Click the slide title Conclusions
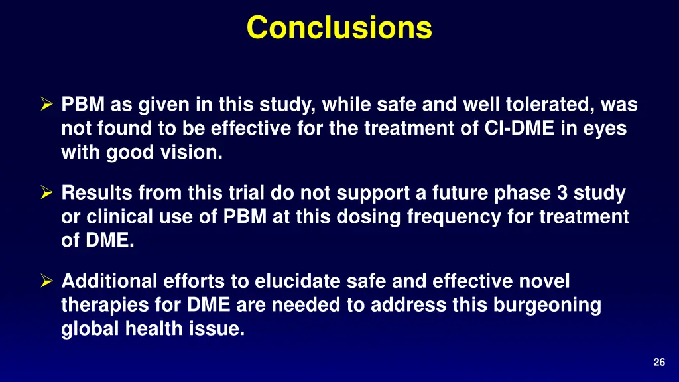click(x=339, y=28)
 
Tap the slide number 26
click(x=658, y=362)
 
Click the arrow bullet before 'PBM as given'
click(x=47, y=105)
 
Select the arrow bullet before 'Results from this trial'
click(x=47, y=194)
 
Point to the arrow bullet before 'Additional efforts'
click(x=47, y=282)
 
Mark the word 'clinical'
click(x=119, y=216)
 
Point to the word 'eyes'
click(x=604, y=128)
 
